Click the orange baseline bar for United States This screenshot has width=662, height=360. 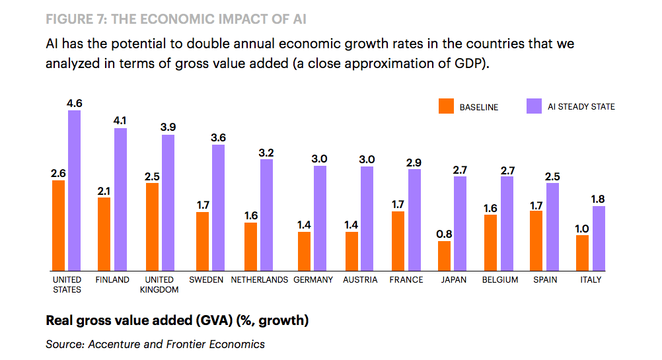coord(58,225)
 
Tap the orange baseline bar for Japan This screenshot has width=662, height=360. coord(445,256)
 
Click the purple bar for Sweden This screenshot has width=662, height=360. coord(218,207)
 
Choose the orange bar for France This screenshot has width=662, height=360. coord(398,240)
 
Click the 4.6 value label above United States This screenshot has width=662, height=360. coord(74,103)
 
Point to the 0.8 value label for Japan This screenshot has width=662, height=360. coord(445,233)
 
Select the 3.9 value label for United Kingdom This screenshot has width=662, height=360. coord(168,127)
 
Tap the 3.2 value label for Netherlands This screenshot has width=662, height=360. coord(266,152)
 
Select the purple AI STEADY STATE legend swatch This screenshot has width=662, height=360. coord(534,106)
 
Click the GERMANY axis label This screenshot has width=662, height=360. coord(313,280)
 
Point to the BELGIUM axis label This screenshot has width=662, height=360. coord(500,280)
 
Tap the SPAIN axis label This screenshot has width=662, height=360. coord(545,280)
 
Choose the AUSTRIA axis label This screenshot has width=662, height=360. coord(360,280)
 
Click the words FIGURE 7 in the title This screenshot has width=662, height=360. coord(75,18)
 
